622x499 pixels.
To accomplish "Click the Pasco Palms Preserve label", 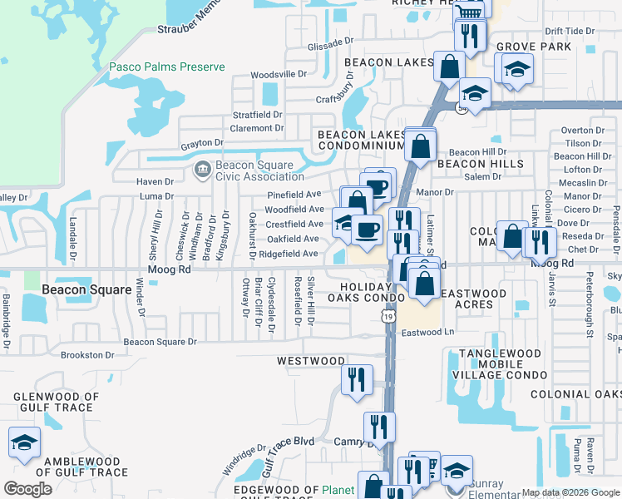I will [x=167, y=67].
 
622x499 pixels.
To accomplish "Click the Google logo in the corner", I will [x=28, y=489].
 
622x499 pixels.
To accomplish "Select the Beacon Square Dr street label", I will [x=160, y=342].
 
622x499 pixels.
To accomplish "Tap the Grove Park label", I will [x=534, y=47].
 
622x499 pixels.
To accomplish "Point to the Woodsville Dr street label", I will [x=279, y=74].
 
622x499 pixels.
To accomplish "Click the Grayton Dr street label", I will [x=202, y=145].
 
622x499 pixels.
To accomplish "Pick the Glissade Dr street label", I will [x=330, y=41].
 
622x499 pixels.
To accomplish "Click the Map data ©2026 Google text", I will [x=570, y=492].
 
